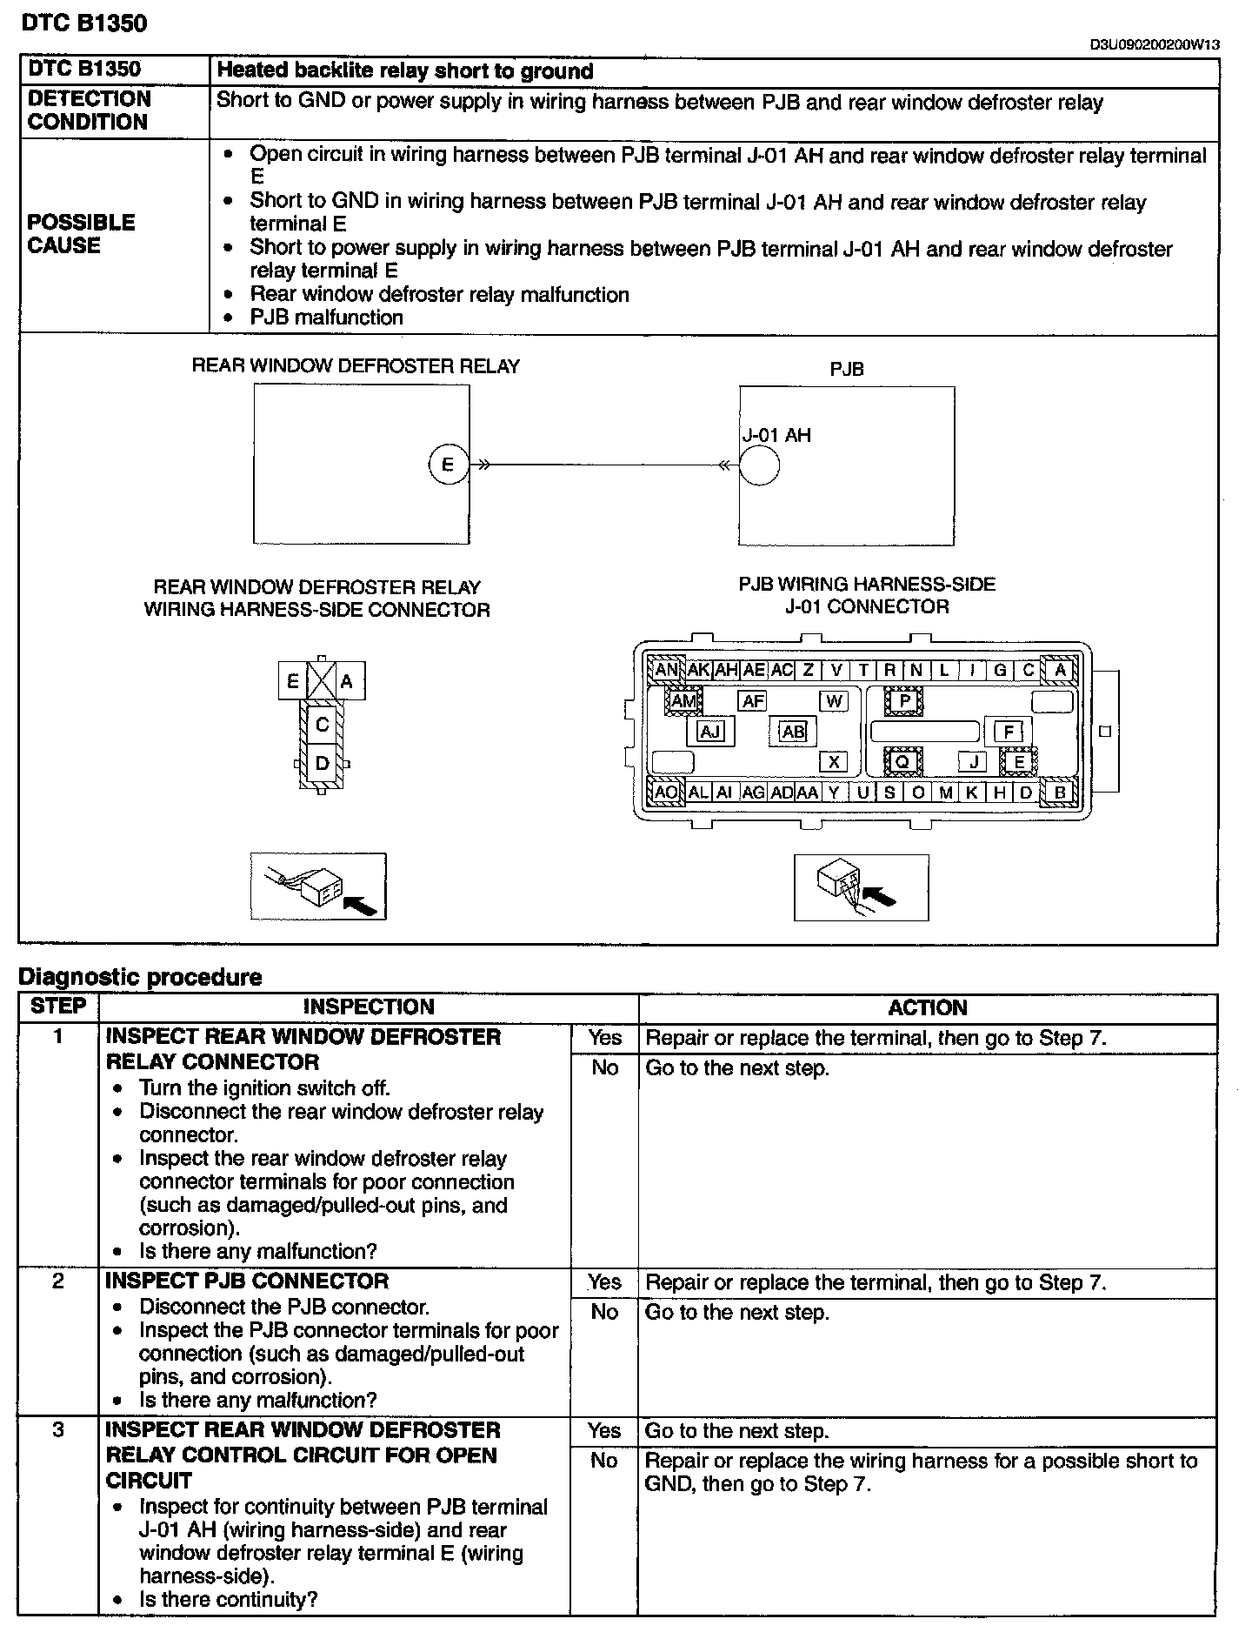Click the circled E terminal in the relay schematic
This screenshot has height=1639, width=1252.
(x=448, y=465)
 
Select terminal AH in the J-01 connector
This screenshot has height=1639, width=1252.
(x=726, y=670)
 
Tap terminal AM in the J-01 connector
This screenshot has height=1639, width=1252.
(x=684, y=700)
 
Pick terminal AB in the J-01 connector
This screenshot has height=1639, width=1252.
(x=793, y=732)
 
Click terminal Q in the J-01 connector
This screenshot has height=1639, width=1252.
(x=902, y=762)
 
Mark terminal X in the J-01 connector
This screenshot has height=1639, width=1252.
(x=833, y=762)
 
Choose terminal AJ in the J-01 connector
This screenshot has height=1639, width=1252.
(x=710, y=732)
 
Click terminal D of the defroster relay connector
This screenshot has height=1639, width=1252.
(x=322, y=764)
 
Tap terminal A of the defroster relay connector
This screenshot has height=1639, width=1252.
(x=347, y=682)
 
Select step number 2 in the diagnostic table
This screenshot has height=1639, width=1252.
(x=57, y=1281)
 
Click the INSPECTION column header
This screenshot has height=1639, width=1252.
(x=369, y=1007)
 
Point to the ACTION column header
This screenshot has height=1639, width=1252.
(x=928, y=1008)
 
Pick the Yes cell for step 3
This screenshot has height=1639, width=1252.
(x=604, y=1431)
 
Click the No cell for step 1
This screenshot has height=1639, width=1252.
(x=604, y=1067)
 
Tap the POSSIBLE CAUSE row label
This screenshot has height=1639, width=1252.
(x=81, y=234)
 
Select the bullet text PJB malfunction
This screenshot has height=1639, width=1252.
(x=326, y=318)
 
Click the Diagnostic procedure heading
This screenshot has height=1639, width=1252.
(x=140, y=977)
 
